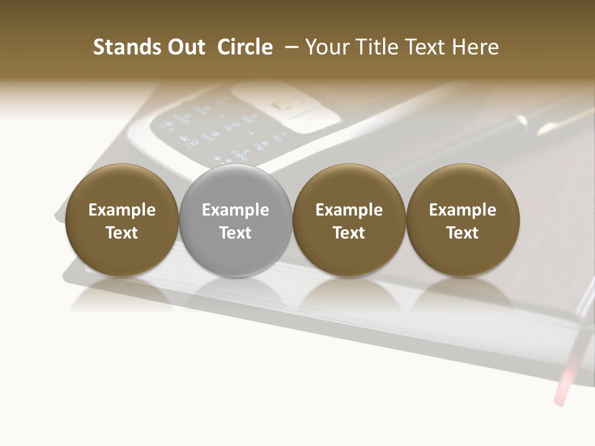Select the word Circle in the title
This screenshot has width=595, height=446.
[x=245, y=47]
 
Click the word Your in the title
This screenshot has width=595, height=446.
[x=327, y=47]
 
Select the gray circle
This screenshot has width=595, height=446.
[x=236, y=221]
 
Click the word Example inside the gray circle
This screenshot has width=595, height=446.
[x=236, y=210]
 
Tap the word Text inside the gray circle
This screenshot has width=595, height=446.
[x=236, y=233]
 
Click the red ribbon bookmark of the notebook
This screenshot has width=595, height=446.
[x=566, y=384]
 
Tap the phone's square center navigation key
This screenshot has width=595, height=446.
[x=283, y=103]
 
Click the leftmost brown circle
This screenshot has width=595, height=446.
[x=122, y=221]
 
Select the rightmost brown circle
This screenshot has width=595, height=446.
[x=463, y=221]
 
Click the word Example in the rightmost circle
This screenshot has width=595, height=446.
[x=463, y=210]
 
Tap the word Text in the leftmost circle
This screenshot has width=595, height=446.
[x=122, y=233]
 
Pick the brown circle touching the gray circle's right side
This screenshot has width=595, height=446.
[x=349, y=221]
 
